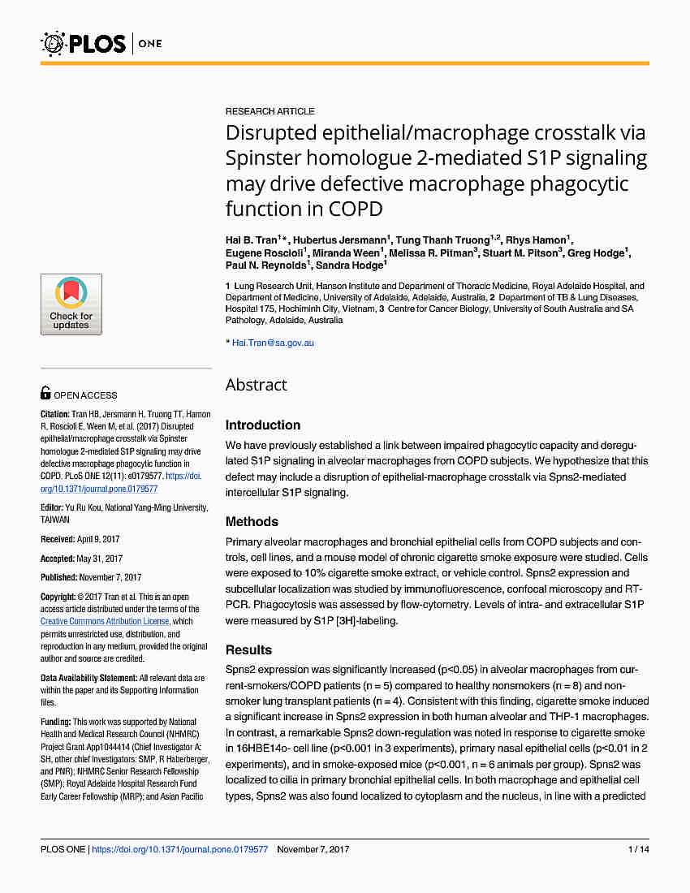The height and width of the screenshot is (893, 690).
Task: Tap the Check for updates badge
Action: click(71, 304)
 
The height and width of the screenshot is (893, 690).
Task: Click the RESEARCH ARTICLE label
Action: click(270, 111)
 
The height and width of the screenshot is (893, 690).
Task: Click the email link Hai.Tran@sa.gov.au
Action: click(273, 343)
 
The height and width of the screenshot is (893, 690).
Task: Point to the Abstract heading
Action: click(256, 385)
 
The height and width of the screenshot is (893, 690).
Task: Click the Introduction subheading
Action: click(262, 425)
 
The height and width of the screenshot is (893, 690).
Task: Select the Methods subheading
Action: click(252, 522)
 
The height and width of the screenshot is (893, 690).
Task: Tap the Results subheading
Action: click(248, 650)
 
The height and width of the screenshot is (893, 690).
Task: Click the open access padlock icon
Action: click(45, 394)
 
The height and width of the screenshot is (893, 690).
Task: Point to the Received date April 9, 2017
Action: click(98, 539)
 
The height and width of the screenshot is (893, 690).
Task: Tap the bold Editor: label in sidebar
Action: click(54, 507)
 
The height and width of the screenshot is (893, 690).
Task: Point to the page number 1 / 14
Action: click(639, 849)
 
